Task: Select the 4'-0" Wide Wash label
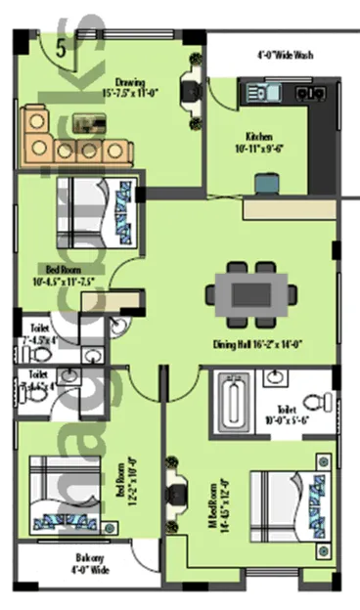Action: [x=285, y=55]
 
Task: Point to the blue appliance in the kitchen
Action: [x=265, y=182]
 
